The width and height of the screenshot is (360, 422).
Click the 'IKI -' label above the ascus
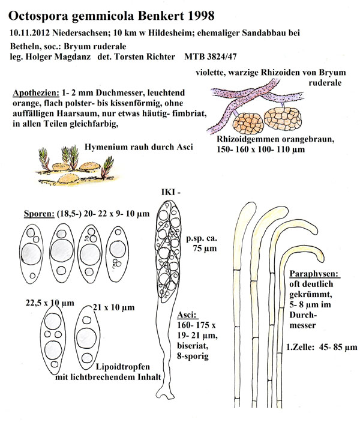click(x=169, y=191)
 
